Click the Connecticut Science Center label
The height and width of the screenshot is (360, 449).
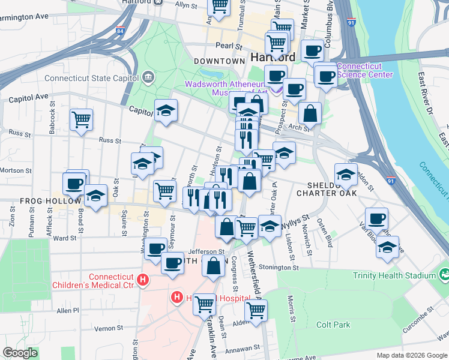point(364,70)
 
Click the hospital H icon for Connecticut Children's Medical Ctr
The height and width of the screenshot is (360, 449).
point(143,279)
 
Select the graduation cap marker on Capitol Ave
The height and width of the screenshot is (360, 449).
point(166,111)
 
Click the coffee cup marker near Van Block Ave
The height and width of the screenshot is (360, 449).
point(376,219)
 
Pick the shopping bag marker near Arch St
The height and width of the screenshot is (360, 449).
point(310,113)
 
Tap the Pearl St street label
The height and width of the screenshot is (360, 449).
point(229,46)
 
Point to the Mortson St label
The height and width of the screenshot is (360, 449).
point(15,170)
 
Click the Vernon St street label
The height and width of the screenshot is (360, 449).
point(109,328)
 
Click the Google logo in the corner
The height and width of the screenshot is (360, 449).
point(20,353)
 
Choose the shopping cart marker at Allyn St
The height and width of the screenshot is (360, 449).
point(219,5)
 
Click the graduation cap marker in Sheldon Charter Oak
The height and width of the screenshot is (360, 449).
point(346,175)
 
